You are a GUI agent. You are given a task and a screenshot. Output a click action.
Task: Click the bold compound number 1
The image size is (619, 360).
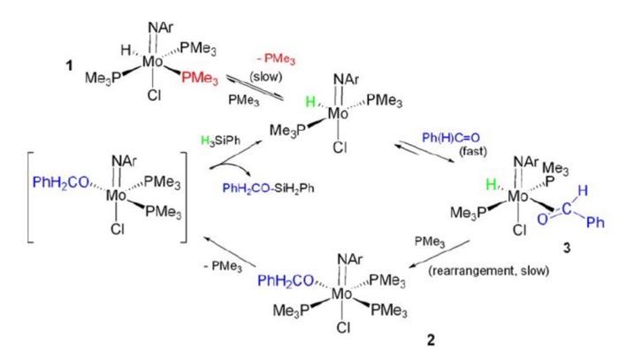coord(69,65)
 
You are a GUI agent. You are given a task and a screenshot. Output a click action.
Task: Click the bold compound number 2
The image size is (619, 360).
coord(431,340)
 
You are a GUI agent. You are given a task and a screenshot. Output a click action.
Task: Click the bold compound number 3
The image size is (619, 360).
coord(567,248)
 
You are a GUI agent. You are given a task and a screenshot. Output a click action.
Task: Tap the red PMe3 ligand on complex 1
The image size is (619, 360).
coord(200,78)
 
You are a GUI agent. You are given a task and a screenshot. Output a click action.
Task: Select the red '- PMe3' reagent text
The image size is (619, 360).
coord(276,59)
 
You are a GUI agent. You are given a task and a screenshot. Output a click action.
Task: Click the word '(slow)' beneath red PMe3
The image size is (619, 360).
coord(266,77)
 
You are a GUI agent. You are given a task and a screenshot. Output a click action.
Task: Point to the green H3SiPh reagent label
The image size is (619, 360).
coord(220,141)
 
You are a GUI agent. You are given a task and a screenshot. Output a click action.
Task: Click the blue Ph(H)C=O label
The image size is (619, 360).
coord(451,138)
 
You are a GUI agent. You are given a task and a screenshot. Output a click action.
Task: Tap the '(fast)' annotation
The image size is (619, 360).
coord(472,150)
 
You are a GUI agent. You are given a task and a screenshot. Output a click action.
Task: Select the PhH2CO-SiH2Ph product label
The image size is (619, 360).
coord(269,188)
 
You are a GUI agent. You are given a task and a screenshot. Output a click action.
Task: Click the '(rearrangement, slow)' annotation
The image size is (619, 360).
coord(489,271)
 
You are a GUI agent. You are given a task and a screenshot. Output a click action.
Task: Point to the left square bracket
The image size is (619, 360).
coord(28,196)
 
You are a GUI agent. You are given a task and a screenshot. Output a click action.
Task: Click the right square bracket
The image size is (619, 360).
coord(184,196)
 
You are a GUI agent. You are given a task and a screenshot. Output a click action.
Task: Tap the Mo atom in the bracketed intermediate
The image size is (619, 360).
coord(116,195)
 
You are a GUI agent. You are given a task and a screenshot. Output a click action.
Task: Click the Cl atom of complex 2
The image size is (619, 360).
coord(343,327)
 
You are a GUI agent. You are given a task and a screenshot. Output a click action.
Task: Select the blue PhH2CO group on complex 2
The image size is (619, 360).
coord(286,280)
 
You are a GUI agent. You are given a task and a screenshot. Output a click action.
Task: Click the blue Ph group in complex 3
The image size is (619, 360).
coord(595,222)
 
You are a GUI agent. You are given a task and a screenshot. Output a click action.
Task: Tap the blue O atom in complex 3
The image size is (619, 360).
coord(543,219)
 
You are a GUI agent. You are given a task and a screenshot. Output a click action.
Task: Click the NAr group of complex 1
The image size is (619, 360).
coord(161,27)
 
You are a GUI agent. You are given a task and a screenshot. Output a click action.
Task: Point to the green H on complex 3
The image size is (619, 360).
coord(491,184)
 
